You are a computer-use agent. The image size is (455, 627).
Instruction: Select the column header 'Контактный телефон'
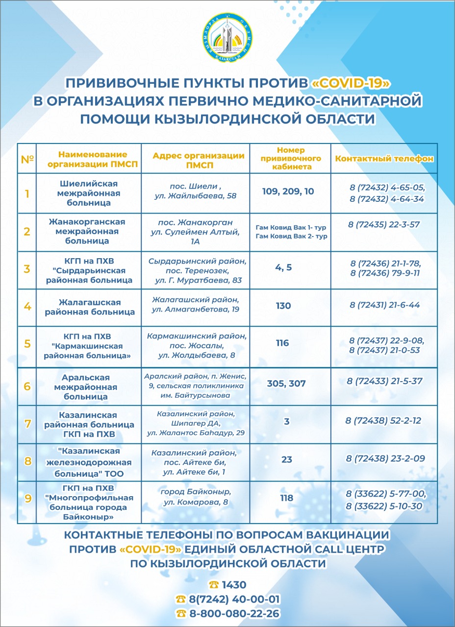click(x=384, y=159)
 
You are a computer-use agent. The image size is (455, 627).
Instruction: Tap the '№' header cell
click(x=27, y=159)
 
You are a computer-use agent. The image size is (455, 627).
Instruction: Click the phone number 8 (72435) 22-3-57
click(x=384, y=225)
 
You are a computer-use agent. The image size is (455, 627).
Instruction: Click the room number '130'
click(x=283, y=306)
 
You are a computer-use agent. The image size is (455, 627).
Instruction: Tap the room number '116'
click(x=282, y=343)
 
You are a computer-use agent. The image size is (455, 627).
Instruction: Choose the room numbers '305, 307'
click(x=286, y=383)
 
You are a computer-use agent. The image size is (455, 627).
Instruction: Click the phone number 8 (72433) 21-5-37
click(x=384, y=381)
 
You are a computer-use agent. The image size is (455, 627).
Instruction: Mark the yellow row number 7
click(x=27, y=423)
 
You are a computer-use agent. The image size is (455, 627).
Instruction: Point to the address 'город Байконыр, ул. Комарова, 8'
click(x=196, y=496)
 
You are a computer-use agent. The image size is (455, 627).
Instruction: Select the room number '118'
click(x=286, y=498)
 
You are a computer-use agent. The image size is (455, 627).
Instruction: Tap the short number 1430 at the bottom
click(x=234, y=585)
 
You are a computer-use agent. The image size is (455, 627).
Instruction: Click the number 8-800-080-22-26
click(x=234, y=613)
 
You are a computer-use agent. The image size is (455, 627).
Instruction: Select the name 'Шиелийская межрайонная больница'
click(x=89, y=193)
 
